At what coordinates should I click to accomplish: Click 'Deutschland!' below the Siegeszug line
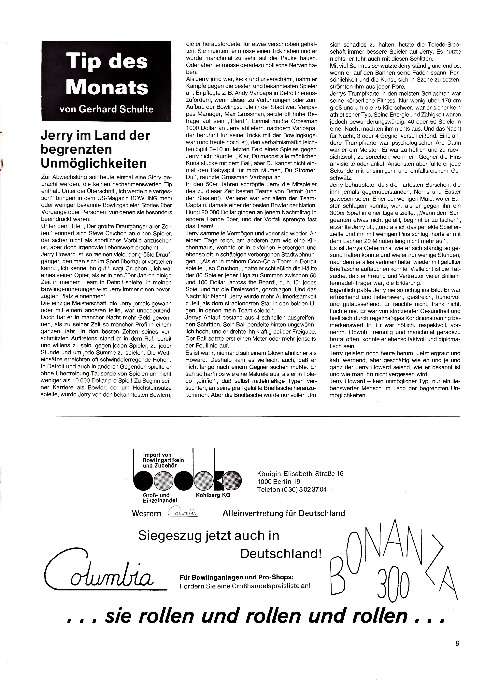click(281, 554)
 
